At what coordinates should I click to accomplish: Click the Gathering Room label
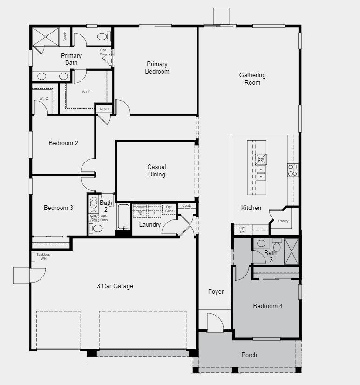click(x=252, y=79)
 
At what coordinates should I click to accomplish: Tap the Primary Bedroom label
click(x=157, y=68)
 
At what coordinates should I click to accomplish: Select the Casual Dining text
click(x=156, y=170)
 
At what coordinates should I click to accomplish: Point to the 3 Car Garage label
click(x=115, y=286)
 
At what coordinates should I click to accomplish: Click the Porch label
click(x=249, y=355)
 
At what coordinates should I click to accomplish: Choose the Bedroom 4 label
click(x=268, y=306)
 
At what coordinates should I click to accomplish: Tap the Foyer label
click(x=216, y=292)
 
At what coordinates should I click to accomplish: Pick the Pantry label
click(x=283, y=221)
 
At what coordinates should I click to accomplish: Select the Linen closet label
click(x=104, y=109)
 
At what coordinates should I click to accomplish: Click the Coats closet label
click(x=187, y=205)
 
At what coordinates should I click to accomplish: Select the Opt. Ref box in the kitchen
click(x=243, y=230)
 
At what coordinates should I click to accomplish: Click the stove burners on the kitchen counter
click(x=292, y=170)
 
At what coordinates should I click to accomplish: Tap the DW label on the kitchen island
click(x=261, y=160)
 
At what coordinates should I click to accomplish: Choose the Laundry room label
click(x=150, y=225)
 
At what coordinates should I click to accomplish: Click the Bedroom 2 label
click(x=63, y=143)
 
